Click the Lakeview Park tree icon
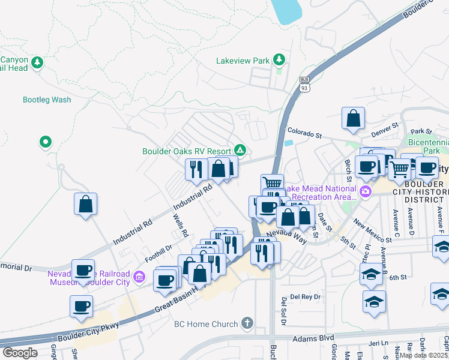click(x=279, y=60)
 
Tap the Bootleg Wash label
click(x=47, y=100)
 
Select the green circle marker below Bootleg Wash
click(x=45, y=142)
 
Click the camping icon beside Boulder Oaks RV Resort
click(x=240, y=149)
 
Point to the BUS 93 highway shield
click(x=304, y=83)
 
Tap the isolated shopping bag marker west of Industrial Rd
click(x=86, y=203)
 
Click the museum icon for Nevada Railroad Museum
click(x=140, y=277)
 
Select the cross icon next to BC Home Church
click(x=246, y=324)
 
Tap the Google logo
click(x=20, y=353)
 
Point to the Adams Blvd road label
click(x=313, y=338)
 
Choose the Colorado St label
click(x=305, y=130)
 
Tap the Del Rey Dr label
click(x=303, y=296)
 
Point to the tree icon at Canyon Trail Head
click(x=37, y=62)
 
